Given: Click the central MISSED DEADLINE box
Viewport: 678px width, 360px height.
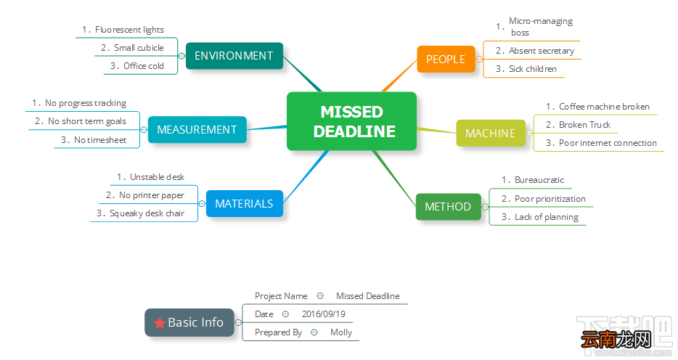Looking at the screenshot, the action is tap(351, 121).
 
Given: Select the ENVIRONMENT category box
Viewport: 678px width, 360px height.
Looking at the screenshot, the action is tap(234, 56).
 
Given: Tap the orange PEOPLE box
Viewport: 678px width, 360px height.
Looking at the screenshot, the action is tap(446, 60).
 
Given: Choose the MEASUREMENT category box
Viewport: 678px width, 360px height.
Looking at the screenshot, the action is tap(197, 130).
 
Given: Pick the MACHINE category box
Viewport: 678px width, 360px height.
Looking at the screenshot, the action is tap(491, 133).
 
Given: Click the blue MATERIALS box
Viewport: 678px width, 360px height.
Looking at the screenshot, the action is tap(245, 203).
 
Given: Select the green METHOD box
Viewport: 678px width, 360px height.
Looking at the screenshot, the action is tap(448, 207).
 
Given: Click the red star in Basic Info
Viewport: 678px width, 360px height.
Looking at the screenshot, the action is tap(160, 323).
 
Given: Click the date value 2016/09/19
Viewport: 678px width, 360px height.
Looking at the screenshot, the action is tap(324, 314).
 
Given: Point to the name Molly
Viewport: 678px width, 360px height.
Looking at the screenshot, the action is tap(341, 332).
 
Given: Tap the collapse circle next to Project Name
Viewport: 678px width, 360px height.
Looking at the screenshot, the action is tap(320, 296).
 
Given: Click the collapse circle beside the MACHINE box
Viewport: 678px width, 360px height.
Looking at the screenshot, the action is tap(530, 133).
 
